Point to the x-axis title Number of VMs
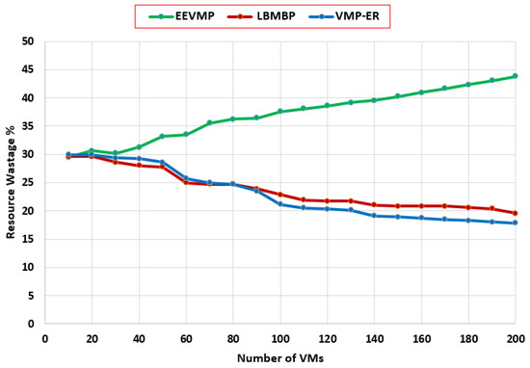click(279, 357)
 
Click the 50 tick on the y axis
click(28, 41)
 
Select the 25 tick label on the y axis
click(28, 182)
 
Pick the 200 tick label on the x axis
click(516, 338)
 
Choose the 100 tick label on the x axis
click(280, 338)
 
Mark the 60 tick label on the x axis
click(186, 338)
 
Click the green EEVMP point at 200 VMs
click(516, 76)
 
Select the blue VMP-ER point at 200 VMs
click(516, 223)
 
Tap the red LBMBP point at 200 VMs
click(516, 213)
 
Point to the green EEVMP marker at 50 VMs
click(163, 136)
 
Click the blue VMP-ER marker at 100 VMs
click(280, 204)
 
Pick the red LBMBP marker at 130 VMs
click(351, 200)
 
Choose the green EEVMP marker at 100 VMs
click(280, 112)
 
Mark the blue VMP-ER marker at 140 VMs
click(374, 216)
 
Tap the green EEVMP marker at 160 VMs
click(421, 92)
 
